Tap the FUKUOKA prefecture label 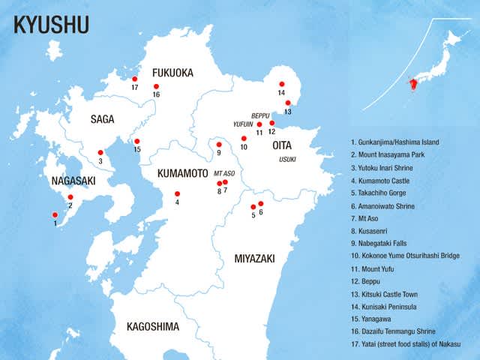tap(172, 73)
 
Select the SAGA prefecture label tap(102, 118)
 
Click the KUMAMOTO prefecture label tap(182, 173)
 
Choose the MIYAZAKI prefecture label tap(254, 258)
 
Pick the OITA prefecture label tap(292, 145)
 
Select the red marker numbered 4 tap(178, 194)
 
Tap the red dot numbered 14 tap(282, 84)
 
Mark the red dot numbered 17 tap(135, 79)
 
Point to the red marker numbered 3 tap(100, 152)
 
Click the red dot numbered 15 tap(137, 141)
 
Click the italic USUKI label tap(289, 159)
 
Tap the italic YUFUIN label tap(243, 125)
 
